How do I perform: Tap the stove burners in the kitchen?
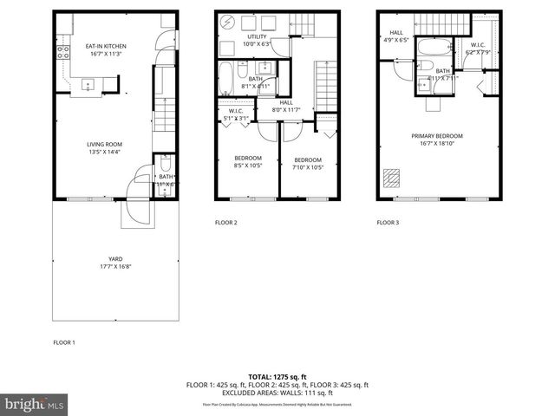pyautogui.click(x=63, y=51)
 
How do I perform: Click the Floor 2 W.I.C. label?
pyautogui.click(x=236, y=114)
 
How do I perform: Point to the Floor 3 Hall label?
pyautogui.click(x=395, y=36)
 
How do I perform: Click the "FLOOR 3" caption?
pyautogui.click(x=388, y=223)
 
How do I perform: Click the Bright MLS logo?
pyautogui.click(x=35, y=404)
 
